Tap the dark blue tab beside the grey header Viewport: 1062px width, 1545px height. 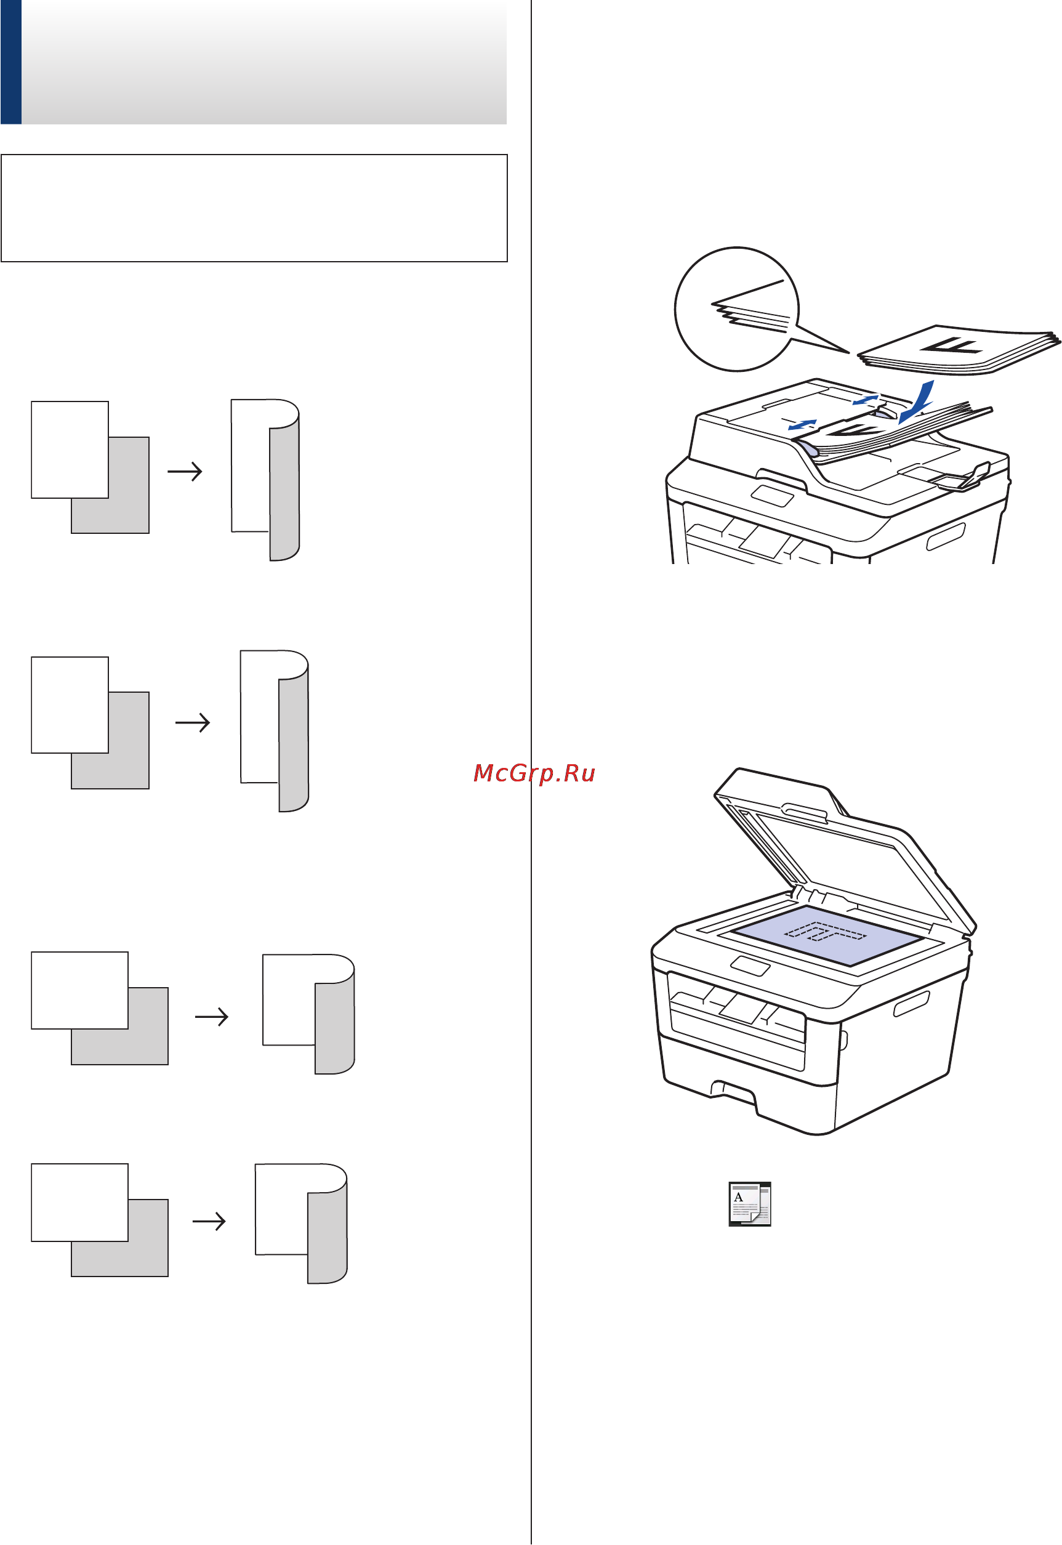[x=11, y=62]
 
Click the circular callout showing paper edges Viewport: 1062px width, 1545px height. [x=736, y=309]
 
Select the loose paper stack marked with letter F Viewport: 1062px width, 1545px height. [x=958, y=349]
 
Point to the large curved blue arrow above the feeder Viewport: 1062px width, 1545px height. [x=917, y=401]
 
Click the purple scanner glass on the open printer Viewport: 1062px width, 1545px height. [x=829, y=935]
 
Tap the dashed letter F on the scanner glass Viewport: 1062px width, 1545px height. [x=826, y=932]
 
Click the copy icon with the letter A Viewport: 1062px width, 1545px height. [x=749, y=1204]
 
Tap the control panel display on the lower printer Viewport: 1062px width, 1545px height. [x=750, y=966]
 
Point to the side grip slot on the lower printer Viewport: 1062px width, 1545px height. [x=911, y=1004]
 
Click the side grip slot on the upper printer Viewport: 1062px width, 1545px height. [x=946, y=536]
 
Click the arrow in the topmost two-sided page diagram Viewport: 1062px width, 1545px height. [x=185, y=472]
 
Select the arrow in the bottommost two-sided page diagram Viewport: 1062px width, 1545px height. [x=209, y=1221]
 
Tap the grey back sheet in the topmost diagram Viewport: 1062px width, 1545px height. [x=110, y=485]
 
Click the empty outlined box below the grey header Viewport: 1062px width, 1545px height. [x=254, y=208]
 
